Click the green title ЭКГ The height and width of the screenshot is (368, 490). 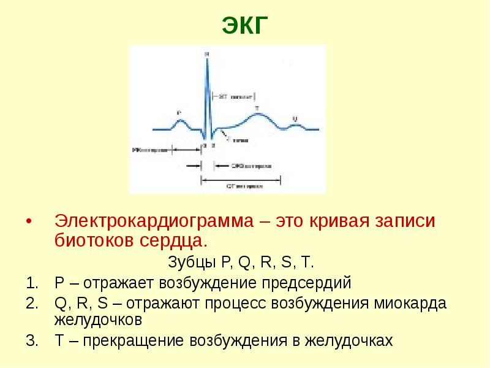[x=244, y=26]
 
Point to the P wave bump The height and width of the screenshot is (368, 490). [x=179, y=121]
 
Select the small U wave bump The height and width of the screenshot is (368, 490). [x=296, y=125]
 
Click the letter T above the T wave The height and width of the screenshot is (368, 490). [x=257, y=107]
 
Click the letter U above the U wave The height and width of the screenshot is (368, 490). [x=295, y=118]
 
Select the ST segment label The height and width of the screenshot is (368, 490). [x=233, y=96]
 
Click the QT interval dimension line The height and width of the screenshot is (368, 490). [x=242, y=178]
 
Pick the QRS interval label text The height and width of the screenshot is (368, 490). [x=247, y=166]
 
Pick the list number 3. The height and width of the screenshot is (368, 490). [x=31, y=341]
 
